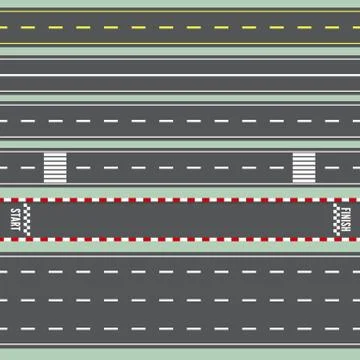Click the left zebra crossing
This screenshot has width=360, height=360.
(53, 167)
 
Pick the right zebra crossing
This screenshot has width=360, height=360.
(303, 167)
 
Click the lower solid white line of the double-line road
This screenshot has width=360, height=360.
(180, 77)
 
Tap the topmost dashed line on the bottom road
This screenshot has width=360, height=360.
(180, 271)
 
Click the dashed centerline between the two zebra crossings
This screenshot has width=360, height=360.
(180, 167)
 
